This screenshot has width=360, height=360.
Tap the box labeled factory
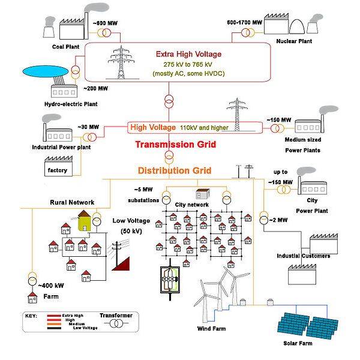coord(58,170)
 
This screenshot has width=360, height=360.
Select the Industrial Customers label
coord(303,256)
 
